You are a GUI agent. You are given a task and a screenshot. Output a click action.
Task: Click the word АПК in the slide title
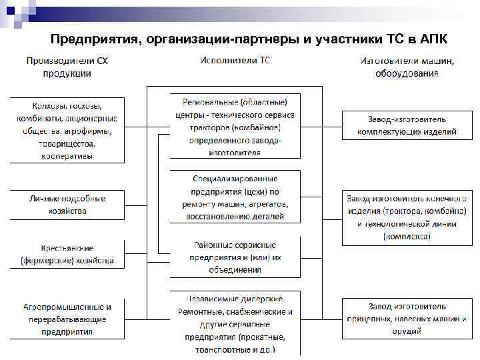pos(434,38)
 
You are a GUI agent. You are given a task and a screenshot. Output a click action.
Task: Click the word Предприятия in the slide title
pos(93,38)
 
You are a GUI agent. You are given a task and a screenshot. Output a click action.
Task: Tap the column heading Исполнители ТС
pos(235,61)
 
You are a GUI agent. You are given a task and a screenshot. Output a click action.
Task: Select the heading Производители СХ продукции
pos(67,67)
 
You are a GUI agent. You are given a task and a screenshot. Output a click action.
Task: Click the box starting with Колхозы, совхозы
pos(67,131)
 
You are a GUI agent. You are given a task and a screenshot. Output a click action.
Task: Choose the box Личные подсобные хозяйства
pos(67,205)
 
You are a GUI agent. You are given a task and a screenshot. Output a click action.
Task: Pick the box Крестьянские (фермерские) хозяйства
pos(67,254)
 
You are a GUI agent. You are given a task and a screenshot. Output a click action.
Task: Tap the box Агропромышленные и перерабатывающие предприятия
pos(67,319)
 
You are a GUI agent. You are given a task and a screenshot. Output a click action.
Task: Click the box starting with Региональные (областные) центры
pos(235,126)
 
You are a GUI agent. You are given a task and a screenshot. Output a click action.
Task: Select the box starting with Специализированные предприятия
pos(235,197)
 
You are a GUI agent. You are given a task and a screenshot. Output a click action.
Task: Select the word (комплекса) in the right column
pos(406,236)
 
